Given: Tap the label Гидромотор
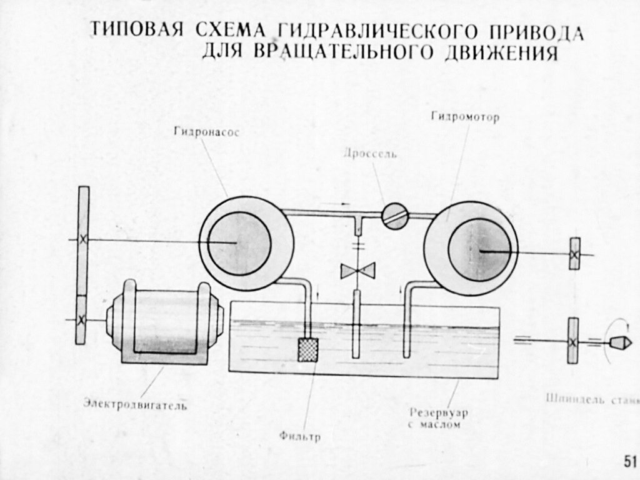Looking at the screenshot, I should [465, 117].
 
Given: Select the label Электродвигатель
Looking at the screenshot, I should [136, 403].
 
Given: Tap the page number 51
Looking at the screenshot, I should [629, 461].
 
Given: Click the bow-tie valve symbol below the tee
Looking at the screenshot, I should [357, 271].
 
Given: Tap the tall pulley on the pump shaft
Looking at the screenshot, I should [82, 239].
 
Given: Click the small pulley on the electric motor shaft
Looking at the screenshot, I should [81, 319].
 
